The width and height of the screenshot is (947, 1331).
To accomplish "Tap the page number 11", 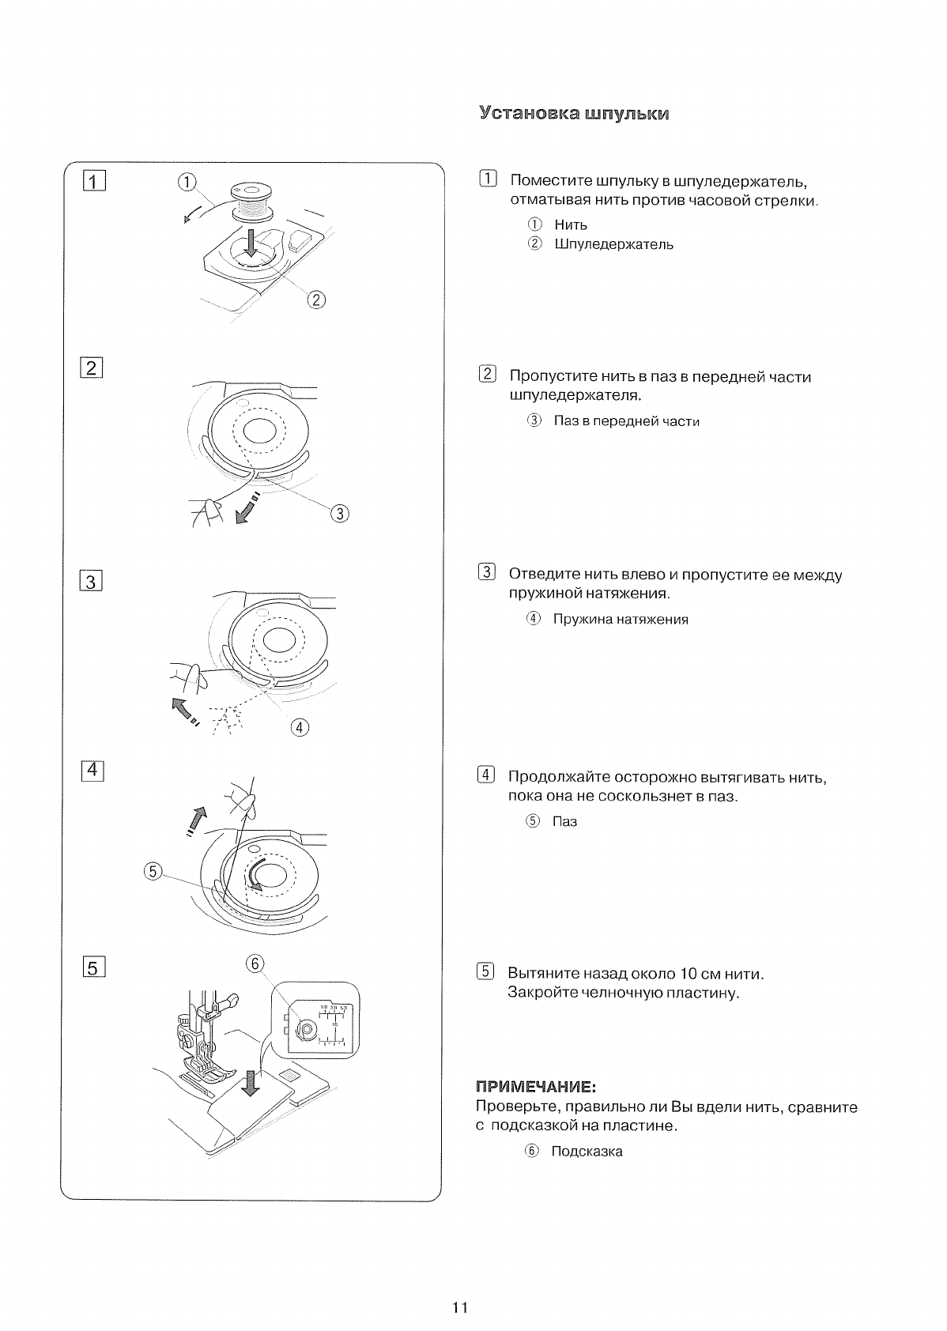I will pos(461,1307).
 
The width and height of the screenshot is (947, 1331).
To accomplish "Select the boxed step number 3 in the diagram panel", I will pos(92,582).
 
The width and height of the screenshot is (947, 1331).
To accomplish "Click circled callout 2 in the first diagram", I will pos(315,300).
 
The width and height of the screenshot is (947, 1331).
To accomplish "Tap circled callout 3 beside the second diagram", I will pos(340,514).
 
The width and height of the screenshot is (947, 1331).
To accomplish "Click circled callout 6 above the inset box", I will pos(254,963).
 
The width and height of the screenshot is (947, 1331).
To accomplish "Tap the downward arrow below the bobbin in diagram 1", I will pos(251,240).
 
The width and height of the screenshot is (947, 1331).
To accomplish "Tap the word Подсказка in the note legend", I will pos(587,1152).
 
